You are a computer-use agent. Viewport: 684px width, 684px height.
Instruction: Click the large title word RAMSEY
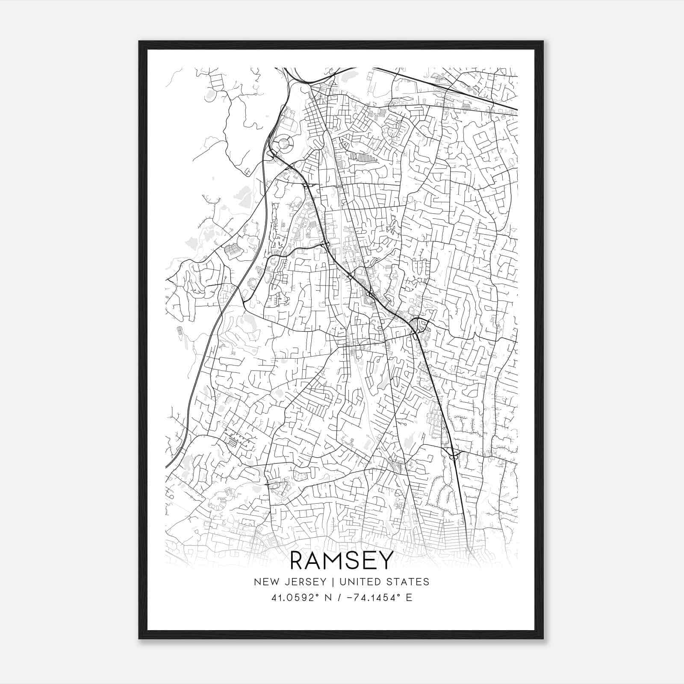[341, 560]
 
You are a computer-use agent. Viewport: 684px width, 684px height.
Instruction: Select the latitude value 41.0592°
[295, 598]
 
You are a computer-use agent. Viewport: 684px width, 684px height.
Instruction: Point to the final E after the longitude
[410, 598]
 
